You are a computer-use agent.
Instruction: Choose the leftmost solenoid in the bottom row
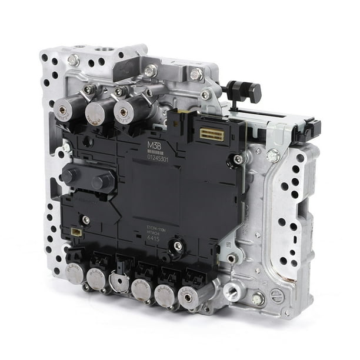[x=74, y=272]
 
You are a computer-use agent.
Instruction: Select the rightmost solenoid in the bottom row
[x=188, y=298]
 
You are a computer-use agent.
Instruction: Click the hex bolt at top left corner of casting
[x=74, y=59]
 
